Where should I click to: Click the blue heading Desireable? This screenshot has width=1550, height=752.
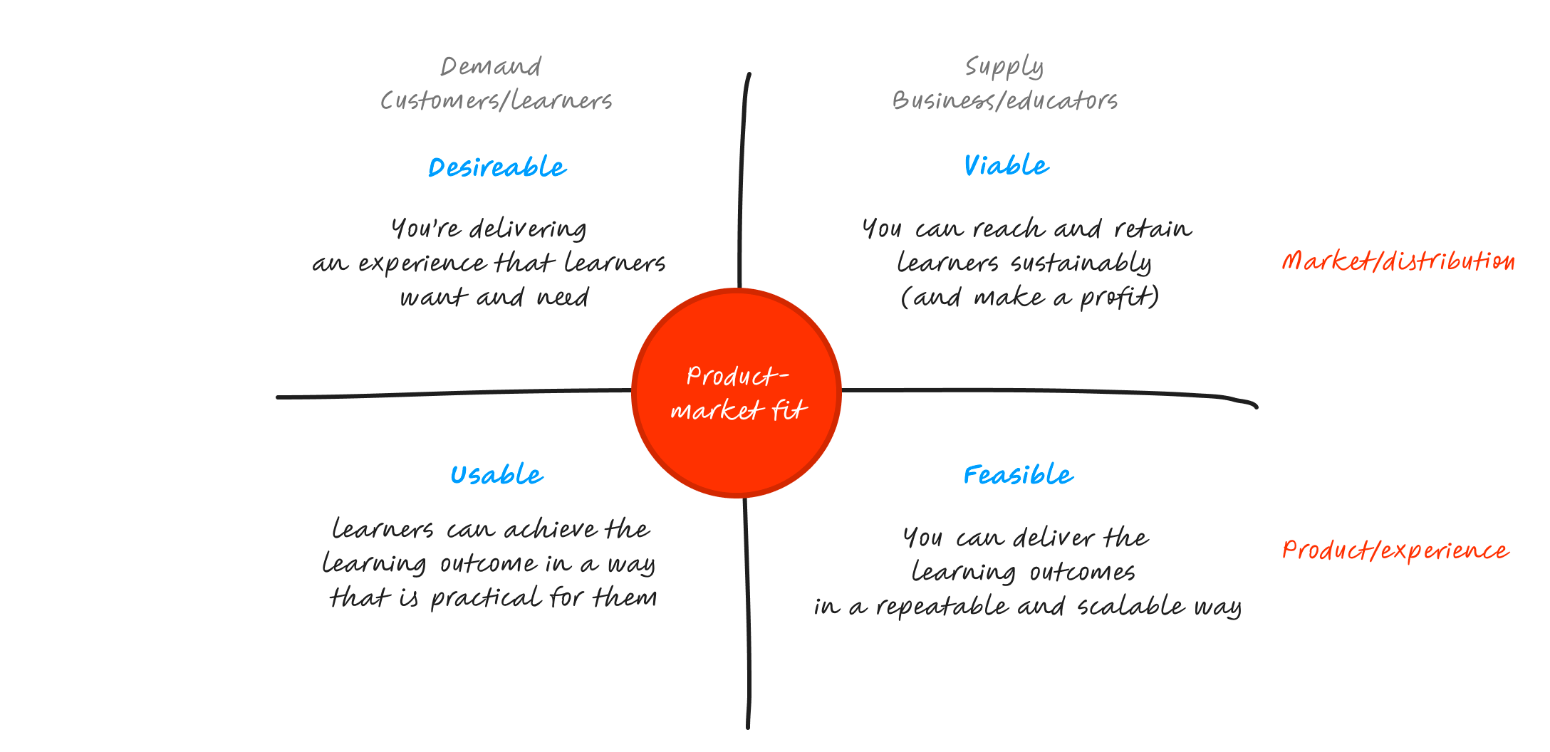click(497, 167)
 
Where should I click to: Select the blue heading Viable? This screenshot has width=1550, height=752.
click(1006, 166)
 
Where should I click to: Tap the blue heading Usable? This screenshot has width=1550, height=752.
click(496, 475)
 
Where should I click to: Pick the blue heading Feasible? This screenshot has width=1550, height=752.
click(1018, 475)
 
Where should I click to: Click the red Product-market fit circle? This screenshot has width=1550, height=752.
click(737, 393)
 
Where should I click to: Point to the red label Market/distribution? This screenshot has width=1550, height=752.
click(1398, 261)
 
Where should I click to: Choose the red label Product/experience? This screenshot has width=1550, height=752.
click(1395, 550)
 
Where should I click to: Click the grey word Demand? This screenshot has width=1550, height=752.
click(491, 67)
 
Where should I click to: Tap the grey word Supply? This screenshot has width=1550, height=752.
click(1004, 67)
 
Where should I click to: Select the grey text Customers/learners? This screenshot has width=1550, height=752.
click(496, 101)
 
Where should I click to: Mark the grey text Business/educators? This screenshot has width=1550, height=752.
click(1004, 101)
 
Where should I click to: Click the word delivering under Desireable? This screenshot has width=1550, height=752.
click(528, 229)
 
